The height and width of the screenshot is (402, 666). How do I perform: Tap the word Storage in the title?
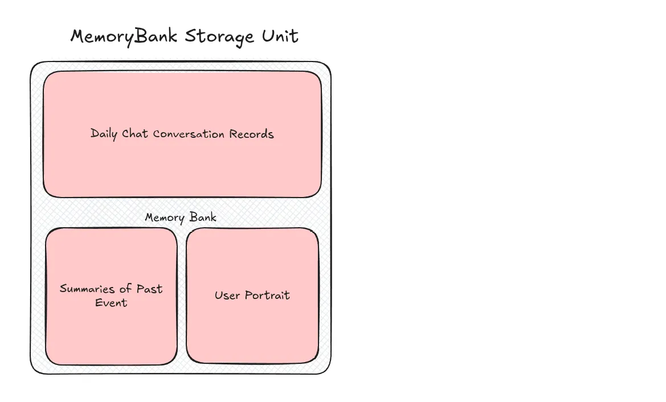click(220, 37)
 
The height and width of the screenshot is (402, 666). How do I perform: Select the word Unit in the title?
click(280, 36)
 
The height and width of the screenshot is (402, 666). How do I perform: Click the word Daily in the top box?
click(104, 134)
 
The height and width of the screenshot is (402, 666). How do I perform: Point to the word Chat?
click(136, 134)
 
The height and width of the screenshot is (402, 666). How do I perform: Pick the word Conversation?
click(189, 134)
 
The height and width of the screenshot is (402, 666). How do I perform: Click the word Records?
click(251, 134)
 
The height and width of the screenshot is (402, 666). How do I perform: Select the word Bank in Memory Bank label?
click(202, 218)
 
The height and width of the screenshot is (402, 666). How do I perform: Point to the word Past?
click(149, 289)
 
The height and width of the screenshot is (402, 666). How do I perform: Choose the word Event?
click(111, 302)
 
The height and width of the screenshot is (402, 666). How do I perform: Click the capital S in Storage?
click(190, 36)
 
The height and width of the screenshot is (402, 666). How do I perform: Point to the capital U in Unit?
click(267, 36)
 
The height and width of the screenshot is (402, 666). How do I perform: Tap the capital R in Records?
click(233, 134)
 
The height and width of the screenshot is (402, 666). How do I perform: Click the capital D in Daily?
click(95, 134)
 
